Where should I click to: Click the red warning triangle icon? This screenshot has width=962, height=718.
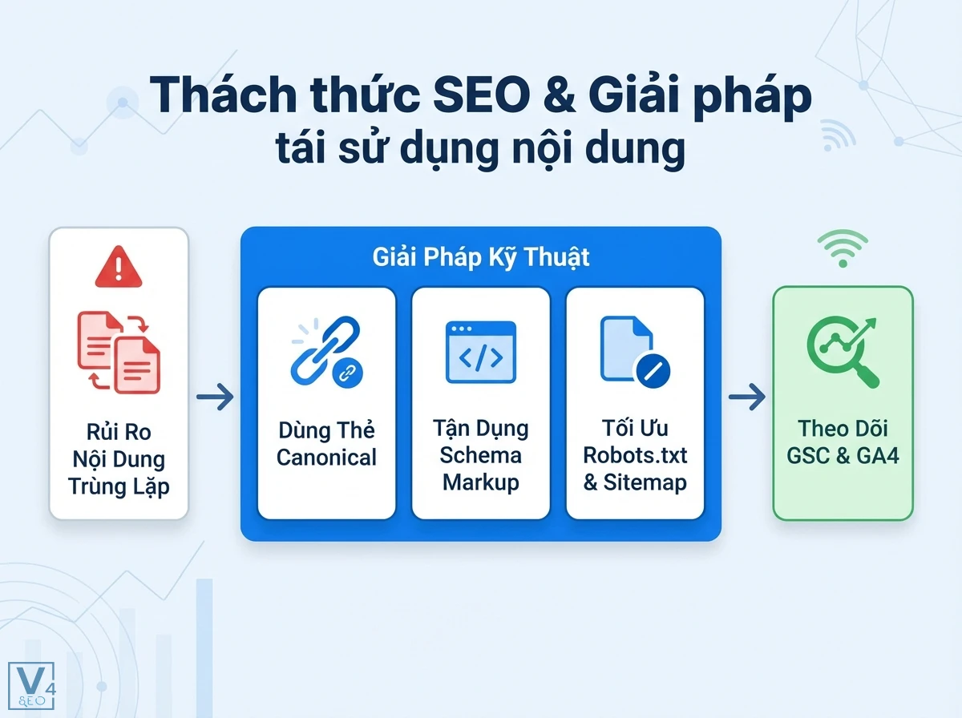point(119,268)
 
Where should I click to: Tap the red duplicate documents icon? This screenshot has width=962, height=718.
point(119,353)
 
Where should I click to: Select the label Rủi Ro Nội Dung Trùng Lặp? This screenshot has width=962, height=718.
point(119,458)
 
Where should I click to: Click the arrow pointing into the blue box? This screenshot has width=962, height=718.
point(215,396)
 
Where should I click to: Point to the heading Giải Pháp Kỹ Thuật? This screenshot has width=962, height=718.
point(481,257)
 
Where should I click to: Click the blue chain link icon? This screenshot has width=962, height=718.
point(326,352)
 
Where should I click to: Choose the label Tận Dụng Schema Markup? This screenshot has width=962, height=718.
point(480,455)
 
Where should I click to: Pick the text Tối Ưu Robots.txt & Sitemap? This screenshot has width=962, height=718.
point(635,455)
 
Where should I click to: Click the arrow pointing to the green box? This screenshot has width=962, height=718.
point(746,396)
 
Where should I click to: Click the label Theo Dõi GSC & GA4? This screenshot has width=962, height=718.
point(843,443)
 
